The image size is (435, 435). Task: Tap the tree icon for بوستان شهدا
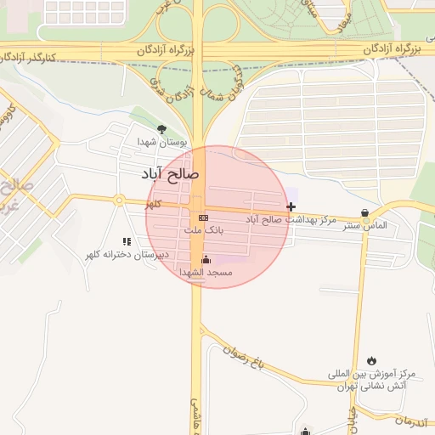pos(161,129)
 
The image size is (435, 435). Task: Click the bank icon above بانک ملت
pos(203,218)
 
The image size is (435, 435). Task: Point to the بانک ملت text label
pos(204,230)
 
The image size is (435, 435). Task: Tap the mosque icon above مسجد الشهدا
pos(205,259)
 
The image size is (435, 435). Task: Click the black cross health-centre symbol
pos(291,206)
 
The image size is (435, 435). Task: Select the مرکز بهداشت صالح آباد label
pos(285,219)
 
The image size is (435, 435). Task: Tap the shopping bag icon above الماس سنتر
pos(365,213)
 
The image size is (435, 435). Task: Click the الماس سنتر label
pos(364,226)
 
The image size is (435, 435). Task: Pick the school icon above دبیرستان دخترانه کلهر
pos(127,242)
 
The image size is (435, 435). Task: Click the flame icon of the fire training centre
pos(371,361)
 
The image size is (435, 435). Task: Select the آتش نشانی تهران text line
pos(371,386)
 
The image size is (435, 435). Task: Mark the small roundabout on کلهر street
pos(120,201)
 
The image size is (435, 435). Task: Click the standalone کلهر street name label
pos(153,205)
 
